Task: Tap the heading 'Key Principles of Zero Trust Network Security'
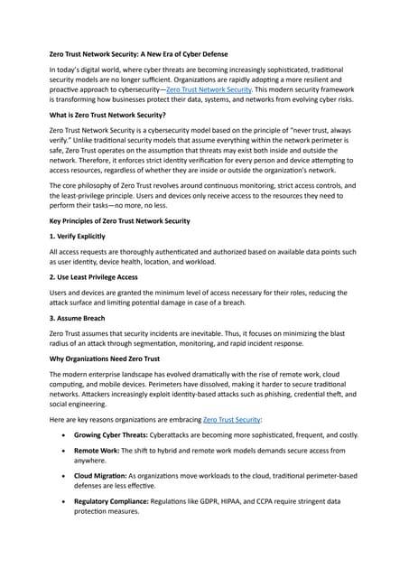[x=119, y=221]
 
